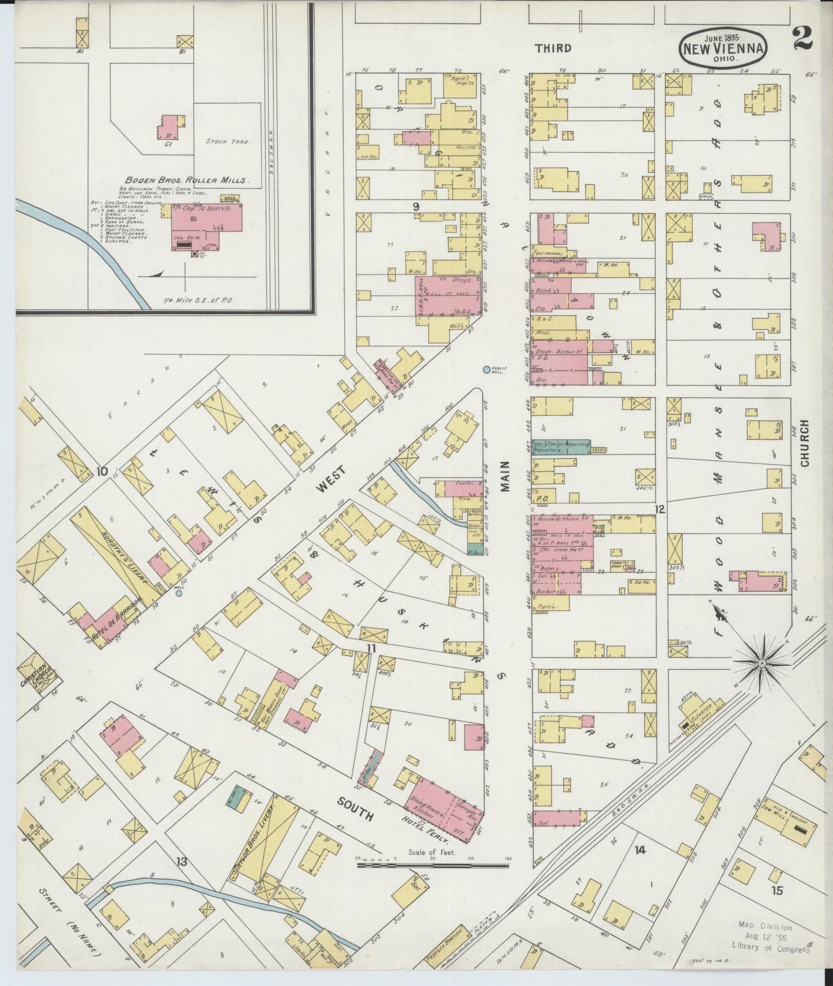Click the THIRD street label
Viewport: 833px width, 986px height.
(553, 48)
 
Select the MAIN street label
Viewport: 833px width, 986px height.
(506, 476)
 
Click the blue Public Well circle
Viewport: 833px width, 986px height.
(487, 370)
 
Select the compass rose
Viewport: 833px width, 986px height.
(762, 664)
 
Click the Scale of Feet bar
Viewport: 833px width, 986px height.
(432, 865)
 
